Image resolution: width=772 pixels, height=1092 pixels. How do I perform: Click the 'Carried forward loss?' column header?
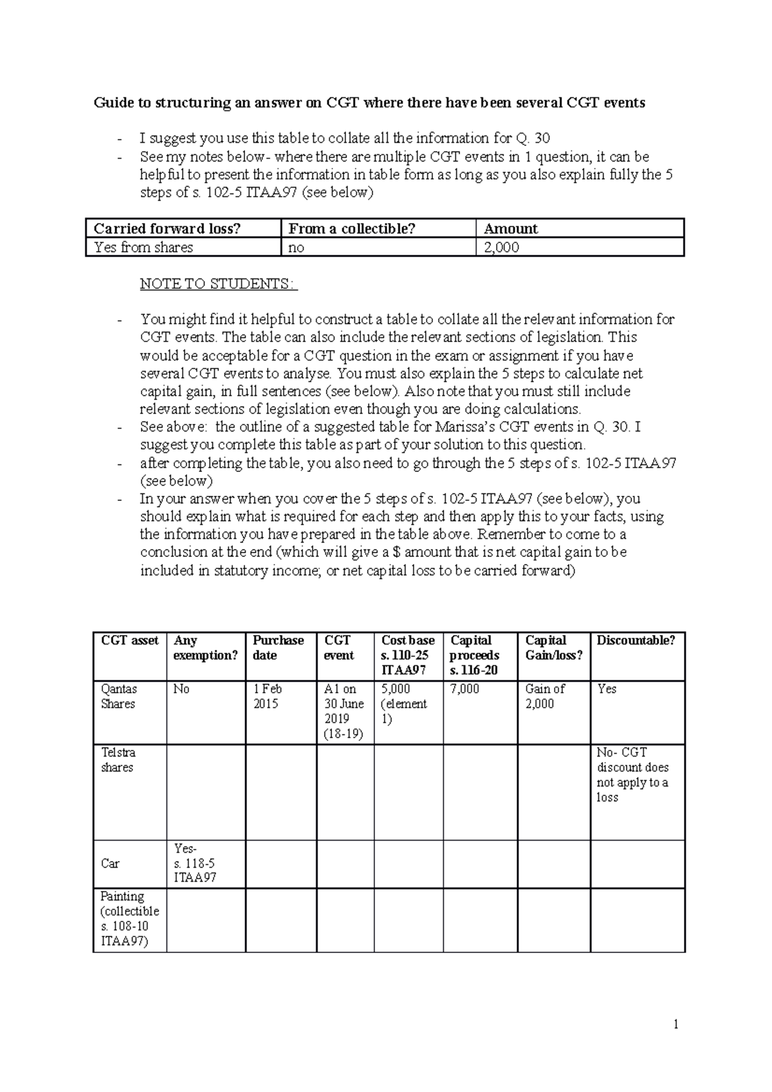(167, 229)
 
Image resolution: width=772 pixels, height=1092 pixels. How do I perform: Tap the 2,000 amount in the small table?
(501, 248)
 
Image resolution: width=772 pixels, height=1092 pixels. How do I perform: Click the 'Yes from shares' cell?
(143, 248)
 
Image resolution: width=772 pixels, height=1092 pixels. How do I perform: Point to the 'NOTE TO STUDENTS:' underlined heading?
(219, 284)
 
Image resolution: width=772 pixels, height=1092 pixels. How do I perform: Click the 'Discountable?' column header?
(636, 641)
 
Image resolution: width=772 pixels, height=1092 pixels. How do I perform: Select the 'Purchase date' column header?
(278, 648)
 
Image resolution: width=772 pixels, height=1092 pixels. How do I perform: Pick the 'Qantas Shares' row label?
(118, 696)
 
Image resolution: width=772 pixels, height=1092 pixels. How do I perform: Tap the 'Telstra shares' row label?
(118, 760)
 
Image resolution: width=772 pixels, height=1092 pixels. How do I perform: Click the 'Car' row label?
(110, 864)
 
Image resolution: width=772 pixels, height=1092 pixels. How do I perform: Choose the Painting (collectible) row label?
(129, 919)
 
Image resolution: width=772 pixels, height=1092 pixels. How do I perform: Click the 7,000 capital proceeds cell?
(464, 689)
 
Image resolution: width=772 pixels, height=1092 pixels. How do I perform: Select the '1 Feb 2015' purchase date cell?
(267, 696)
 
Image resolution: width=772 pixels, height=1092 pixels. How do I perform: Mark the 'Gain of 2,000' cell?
(545, 696)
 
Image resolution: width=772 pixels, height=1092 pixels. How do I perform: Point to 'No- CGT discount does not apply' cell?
(632, 775)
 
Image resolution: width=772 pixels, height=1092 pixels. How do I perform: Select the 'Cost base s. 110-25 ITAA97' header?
(408, 655)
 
